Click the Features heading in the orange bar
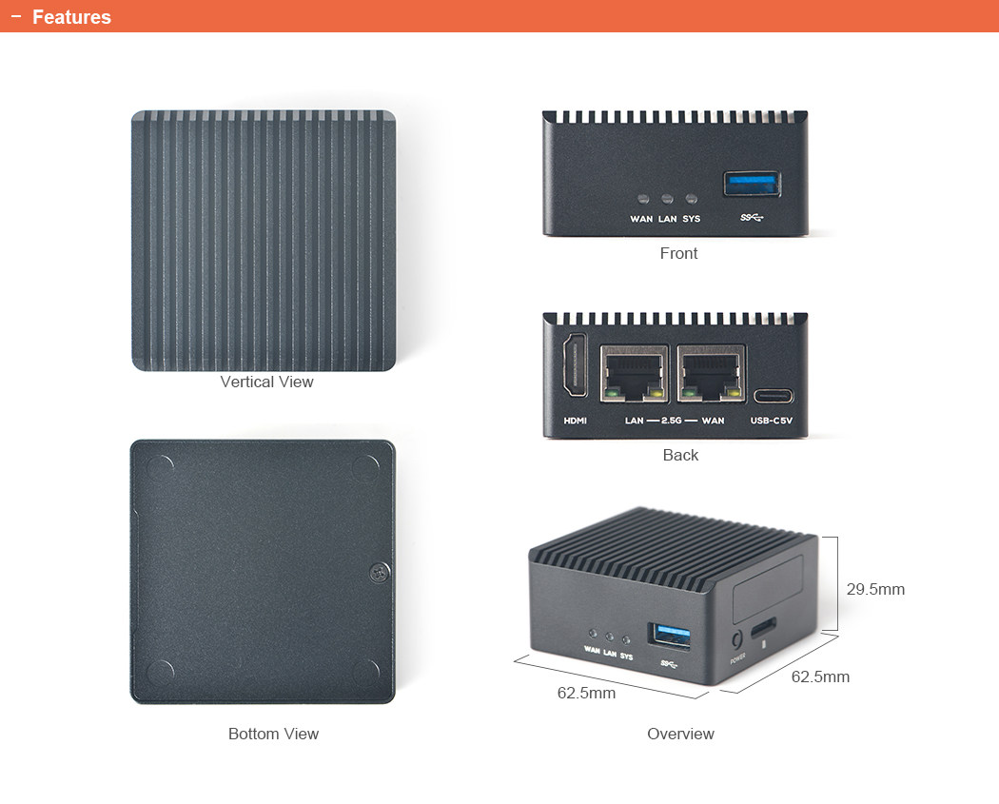click(x=71, y=17)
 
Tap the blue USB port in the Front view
click(x=752, y=184)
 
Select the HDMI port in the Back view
click(x=575, y=366)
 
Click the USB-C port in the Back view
click(x=773, y=396)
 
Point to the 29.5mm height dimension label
click(x=875, y=590)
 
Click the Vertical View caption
click(x=266, y=382)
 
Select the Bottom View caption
click(x=273, y=734)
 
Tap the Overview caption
click(x=680, y=734)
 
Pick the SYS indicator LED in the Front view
click(x=692, y=200)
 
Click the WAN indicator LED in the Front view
click(x=643, y=200)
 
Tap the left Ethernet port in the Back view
click(x=635, y=374)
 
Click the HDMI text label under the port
click(x=575, y=421)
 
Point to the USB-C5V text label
click(x=772, y=421)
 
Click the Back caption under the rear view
click(x=680, y=455)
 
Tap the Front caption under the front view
click(x=678, y=253)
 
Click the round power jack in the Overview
click(x=735, y=640)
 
